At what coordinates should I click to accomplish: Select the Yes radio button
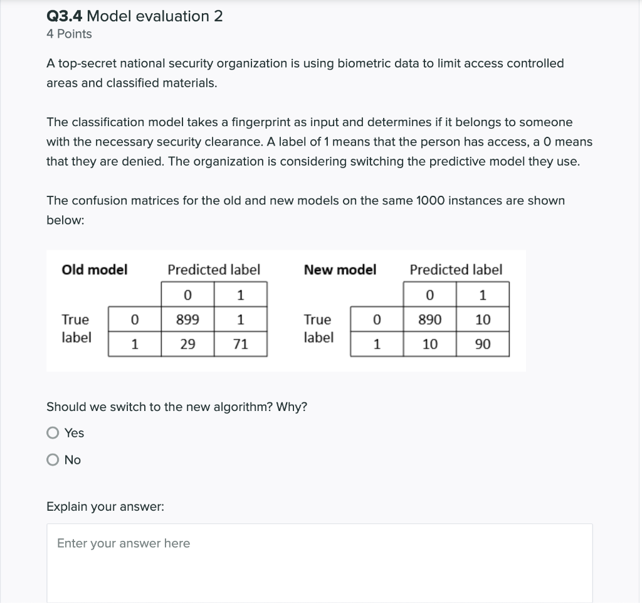click(53, 433)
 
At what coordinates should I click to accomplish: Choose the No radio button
click(53, 460)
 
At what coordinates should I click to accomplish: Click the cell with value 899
click(187, 319)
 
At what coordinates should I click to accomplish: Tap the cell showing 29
click(187, 344)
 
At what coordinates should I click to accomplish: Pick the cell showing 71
click(241, 344)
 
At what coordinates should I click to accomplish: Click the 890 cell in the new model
click(429, 319)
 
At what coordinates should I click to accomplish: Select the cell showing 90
click(483, 344)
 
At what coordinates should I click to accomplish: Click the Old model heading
click(95, 270)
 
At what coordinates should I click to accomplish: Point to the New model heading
click(340, 270)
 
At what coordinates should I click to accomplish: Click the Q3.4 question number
click(65, 16)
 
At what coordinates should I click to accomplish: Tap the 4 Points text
click(69, 34)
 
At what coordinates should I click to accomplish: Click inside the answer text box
click(319, 562)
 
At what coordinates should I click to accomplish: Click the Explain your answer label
click(105, 506)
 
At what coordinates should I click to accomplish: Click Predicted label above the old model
click(213, 270)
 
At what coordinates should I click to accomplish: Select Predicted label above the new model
click(456, 270)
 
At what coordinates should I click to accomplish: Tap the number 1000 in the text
click(431, 201)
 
